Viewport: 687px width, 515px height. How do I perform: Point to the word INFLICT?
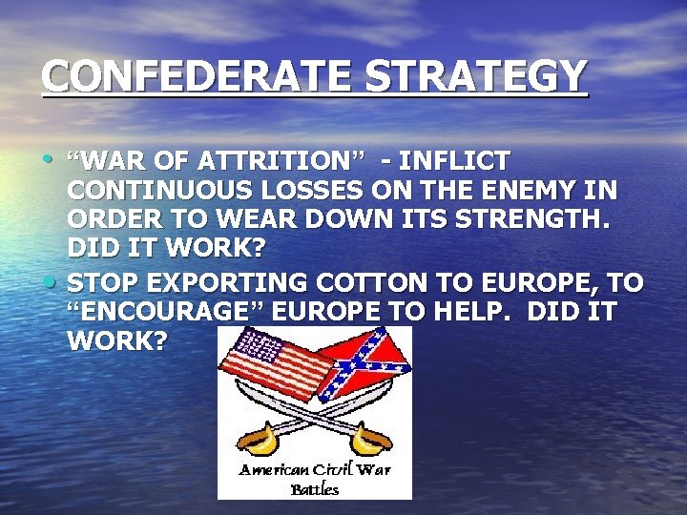(x=460, y=159)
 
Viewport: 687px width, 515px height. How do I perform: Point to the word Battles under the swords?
(x=315, y=489)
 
